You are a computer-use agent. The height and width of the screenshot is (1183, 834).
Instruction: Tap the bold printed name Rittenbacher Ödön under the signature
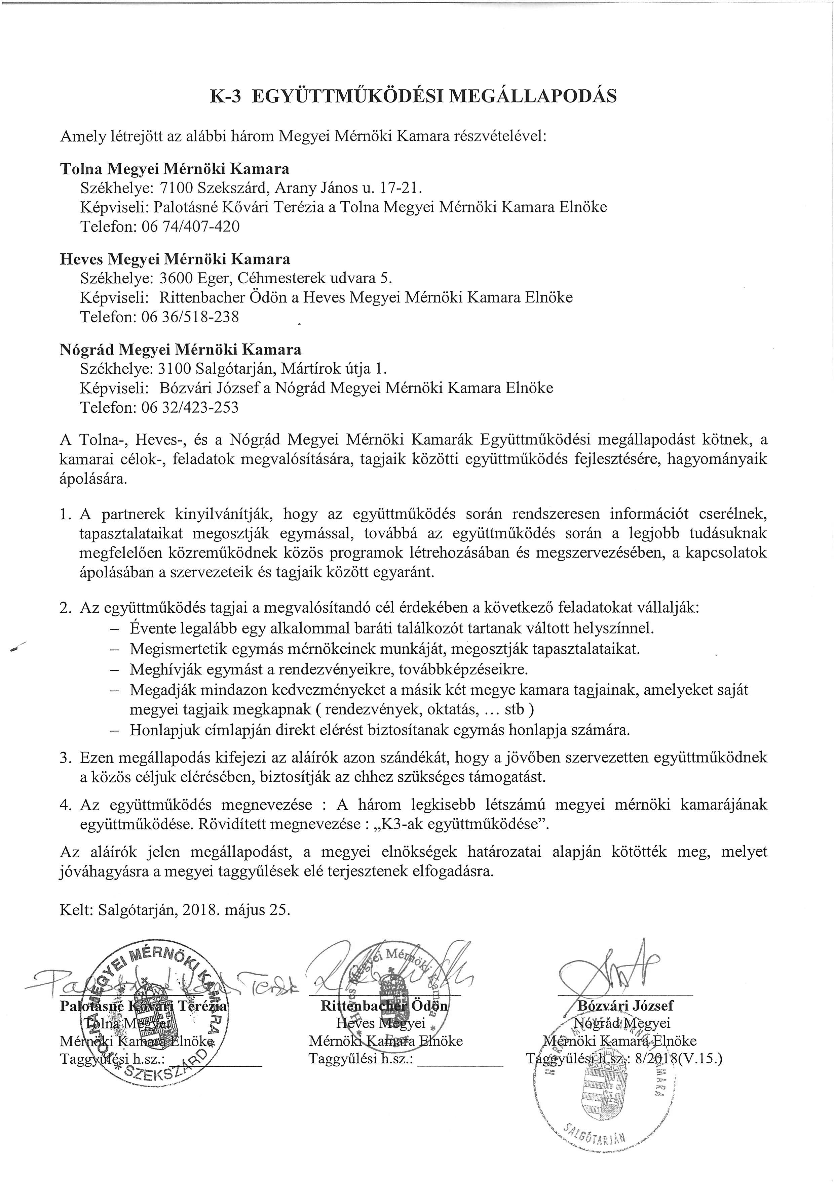pos(384,1005)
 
